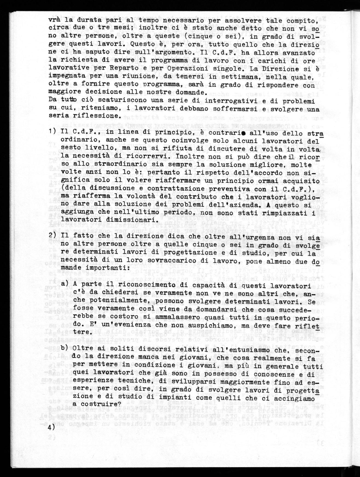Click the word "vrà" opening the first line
tap(55, 20)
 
